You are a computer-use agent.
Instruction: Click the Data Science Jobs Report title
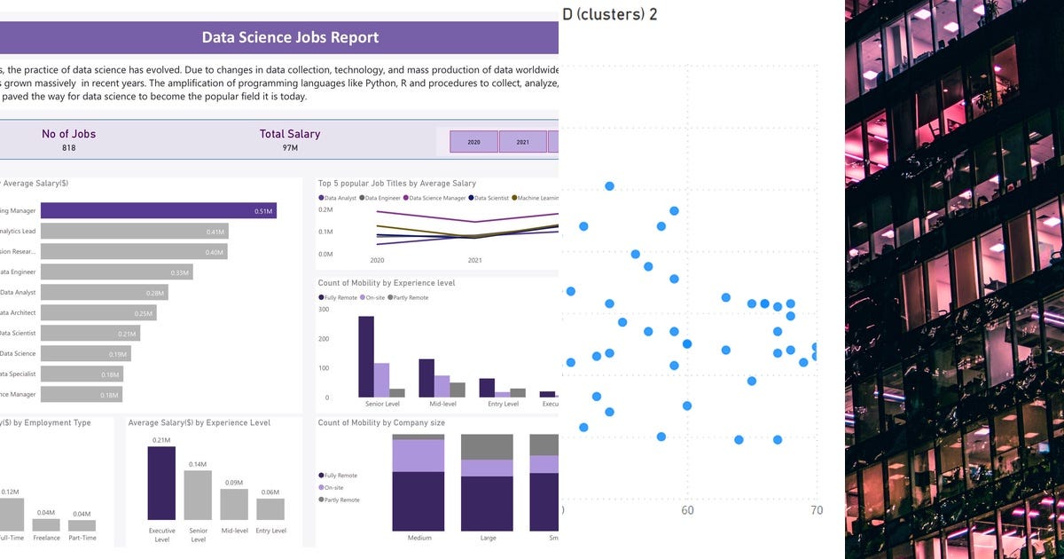(x=290, y=37)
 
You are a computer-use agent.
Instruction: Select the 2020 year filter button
(x=473, y=142)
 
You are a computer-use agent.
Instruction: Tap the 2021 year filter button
(x=522, y=142)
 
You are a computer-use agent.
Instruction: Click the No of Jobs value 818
(x=68, y=148)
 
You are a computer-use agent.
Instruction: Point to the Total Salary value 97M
(x=290, y=148)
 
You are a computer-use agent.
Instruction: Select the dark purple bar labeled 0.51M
(x=158, y=211)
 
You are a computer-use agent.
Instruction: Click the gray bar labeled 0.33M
(x=116, y=272)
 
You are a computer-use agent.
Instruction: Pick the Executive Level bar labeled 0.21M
(x=161, y=483)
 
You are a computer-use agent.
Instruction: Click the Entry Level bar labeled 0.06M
(x=270, y=508)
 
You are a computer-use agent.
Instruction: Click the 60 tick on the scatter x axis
(x=687, y=511)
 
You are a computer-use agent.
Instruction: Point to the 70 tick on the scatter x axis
(x=817, y=511)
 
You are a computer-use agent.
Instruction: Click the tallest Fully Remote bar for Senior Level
(x=365, y=356)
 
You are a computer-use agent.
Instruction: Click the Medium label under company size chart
(x=419, y=538)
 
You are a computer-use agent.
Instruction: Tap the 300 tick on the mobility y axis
(x=324, y=310)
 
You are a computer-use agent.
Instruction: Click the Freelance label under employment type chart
(x=46, y=538)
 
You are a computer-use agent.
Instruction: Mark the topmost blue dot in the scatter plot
(x=609, y=185)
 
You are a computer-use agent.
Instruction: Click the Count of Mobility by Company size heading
(x=381, y=423)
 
